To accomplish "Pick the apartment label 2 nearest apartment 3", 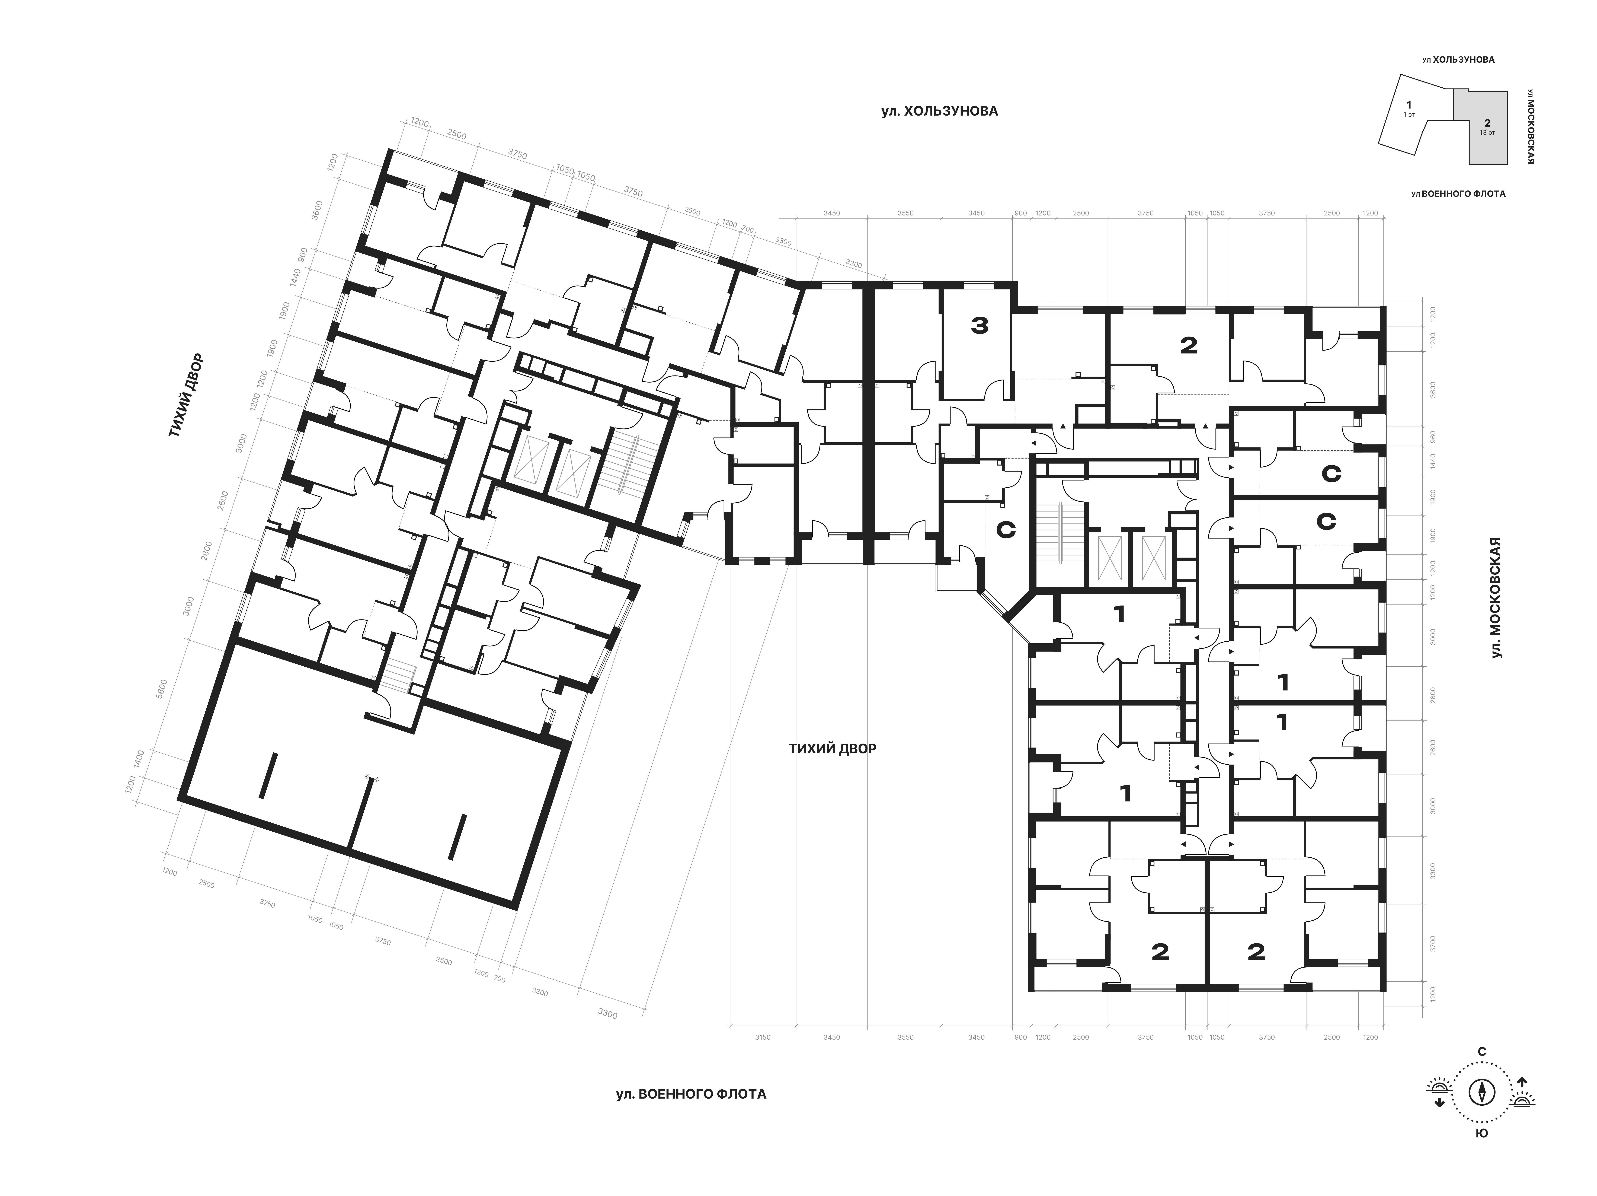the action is click(1188, 346).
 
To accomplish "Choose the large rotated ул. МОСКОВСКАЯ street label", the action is click(1495, 597).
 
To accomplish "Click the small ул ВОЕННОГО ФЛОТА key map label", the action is click(1458, 193).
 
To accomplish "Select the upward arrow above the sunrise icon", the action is click(1522, 1082).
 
